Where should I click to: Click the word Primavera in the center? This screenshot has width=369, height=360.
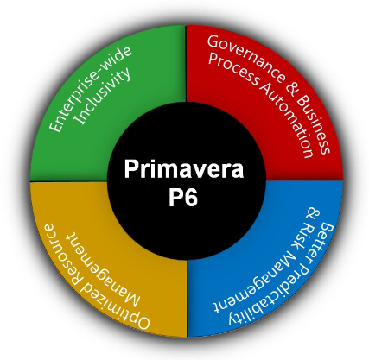pyautogui.click(x=184, y=169)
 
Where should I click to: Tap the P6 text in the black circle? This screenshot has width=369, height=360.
pyautogui.click(x=183, y=198)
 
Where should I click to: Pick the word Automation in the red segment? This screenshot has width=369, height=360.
pyautogui.click(x=286, y=120)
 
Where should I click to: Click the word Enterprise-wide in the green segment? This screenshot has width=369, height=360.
pyautogui.click(x=90, y=88)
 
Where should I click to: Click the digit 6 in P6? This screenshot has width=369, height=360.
pyautogui.click(x=190, y=198)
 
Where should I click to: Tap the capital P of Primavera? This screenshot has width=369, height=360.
pyautogui.click(x=132, y=169)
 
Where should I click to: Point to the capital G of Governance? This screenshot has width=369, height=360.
pyautogui.click(x=213, y=41)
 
